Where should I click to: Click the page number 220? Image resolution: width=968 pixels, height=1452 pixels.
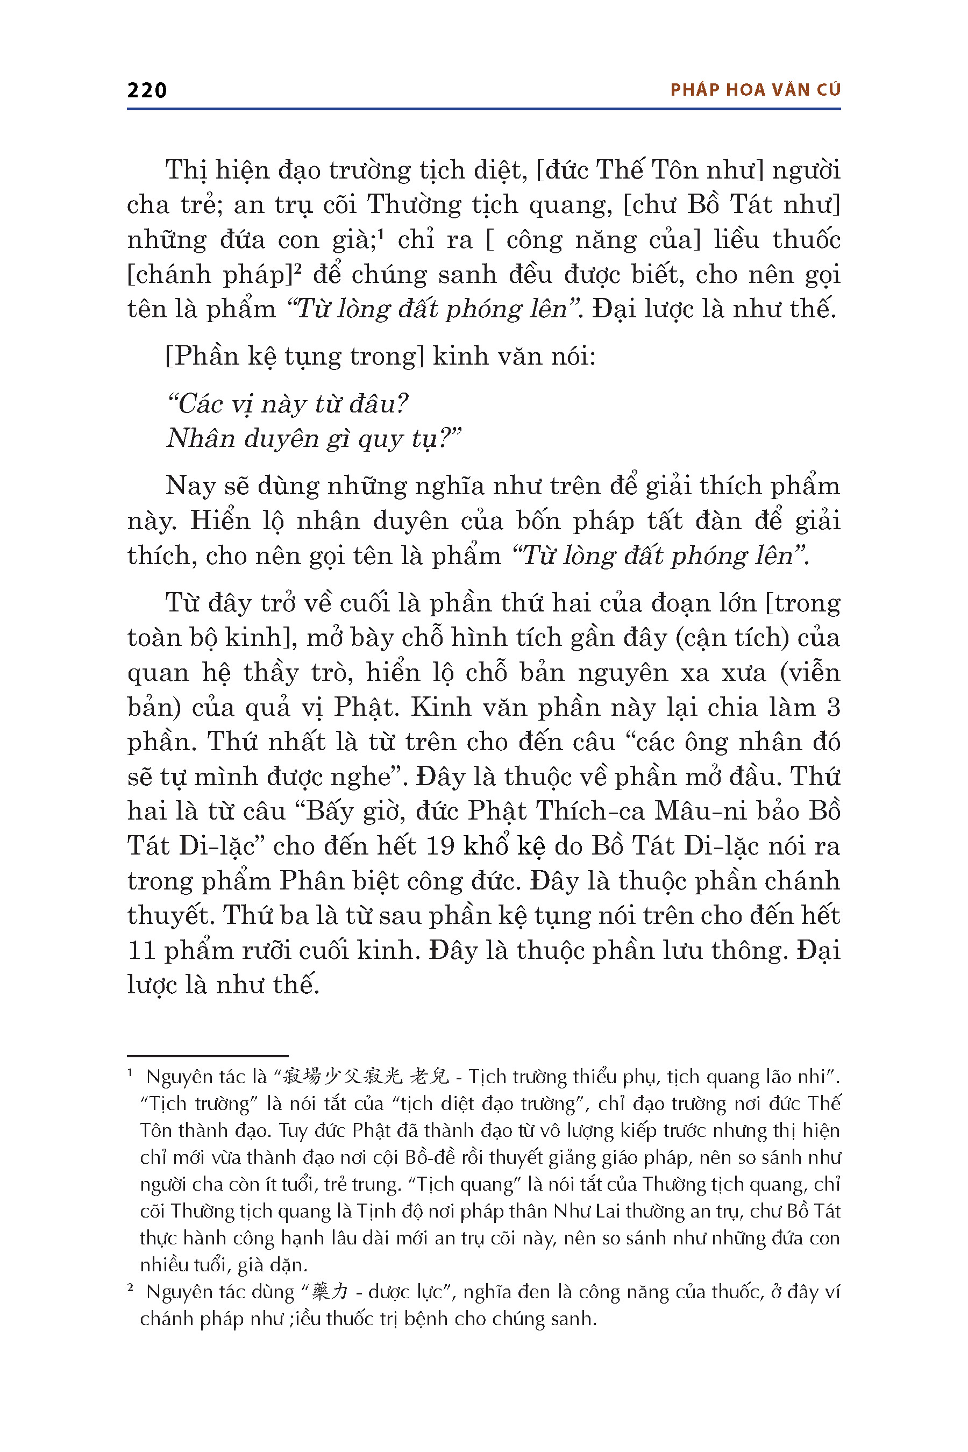point(147,91)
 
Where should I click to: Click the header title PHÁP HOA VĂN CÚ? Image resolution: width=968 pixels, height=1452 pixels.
point(755,90)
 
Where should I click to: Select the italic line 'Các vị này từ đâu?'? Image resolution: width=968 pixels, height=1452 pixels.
point(288,404)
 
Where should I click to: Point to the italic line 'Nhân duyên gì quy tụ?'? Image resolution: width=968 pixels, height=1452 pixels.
point(314,439)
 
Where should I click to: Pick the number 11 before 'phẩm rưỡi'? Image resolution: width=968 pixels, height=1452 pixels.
point(141,950)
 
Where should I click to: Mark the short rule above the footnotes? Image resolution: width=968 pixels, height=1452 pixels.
point(208,1056)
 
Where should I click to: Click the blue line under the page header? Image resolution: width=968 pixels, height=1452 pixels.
point(483,109)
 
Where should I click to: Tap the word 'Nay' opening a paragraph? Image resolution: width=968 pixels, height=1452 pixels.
point(189,487)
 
